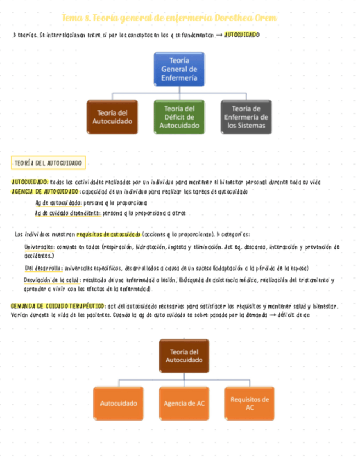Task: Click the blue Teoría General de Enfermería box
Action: click(179, 69)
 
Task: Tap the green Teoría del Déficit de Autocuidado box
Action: click(179, 117)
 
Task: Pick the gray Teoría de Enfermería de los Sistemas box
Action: click(246, 117)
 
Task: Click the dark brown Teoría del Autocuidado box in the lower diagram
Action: click(184, 356)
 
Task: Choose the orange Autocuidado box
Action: click(119, 403)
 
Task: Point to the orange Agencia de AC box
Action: click(184, 403)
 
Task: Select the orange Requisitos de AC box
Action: click(249, 403)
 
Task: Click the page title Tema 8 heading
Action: click(170, 18)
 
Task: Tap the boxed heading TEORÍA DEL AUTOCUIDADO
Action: click(48, 163)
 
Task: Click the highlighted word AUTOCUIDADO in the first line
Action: click(242, 35)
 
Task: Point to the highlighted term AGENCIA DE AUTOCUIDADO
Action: click(46, 191)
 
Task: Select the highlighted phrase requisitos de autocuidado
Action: click(108, 234)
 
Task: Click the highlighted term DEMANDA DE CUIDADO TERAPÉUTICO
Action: click(58, 306)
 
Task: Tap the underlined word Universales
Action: click(38, 247)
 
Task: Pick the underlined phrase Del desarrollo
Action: click(43, 268)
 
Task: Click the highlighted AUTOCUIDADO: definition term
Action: click(30, 182)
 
